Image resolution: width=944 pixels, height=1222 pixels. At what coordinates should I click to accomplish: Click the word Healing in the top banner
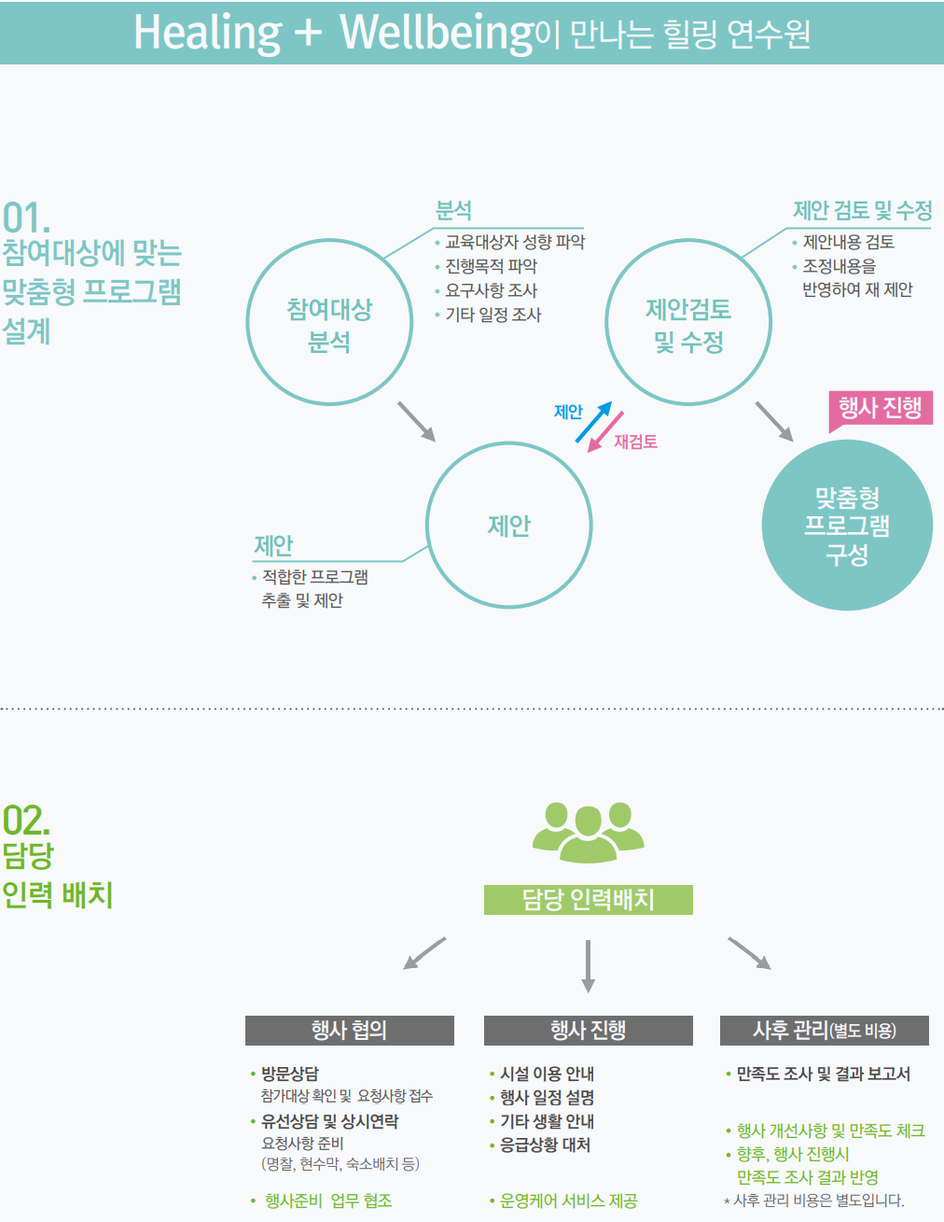[x=207, y=34]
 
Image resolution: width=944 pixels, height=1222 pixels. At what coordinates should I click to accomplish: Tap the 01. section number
[x=26, y=218]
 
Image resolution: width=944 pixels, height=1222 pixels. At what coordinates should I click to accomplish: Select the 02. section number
[x=26, y=820]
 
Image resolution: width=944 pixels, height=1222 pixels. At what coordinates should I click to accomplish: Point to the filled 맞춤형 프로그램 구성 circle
[x=847, y=525]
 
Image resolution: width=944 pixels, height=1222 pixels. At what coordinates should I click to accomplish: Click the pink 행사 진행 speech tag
[x=881, y=408]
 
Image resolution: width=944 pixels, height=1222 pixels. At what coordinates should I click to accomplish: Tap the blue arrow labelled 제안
[x=593, y=422]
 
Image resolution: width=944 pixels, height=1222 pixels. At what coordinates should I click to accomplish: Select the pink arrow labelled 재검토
[x=605, y=432]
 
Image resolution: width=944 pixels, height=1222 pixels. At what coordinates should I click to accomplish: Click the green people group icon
[x=588, y=833]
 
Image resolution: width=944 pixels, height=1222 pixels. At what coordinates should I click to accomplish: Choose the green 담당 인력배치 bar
[x=589, y=900]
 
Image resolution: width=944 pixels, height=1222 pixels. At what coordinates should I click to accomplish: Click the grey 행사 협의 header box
[x=350, y=1031]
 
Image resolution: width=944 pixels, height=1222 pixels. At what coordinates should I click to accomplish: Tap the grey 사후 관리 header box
[x=825, y=1031]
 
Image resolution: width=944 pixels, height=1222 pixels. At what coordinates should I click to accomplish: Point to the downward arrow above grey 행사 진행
[x=588, y=966]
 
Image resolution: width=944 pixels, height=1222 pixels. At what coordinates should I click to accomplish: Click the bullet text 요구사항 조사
[x=491, y=290]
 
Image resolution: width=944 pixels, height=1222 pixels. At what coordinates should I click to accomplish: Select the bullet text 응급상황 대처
[x=545, y=1145]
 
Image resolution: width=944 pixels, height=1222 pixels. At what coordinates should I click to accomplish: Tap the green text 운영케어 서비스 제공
[x=569, y=1201]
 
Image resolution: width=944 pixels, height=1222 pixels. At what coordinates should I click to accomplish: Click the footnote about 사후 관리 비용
[x=814, y=1201]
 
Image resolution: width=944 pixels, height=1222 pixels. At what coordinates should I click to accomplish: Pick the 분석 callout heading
[x=453, y=210]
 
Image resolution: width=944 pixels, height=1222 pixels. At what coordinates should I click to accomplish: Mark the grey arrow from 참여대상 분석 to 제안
[x=417, y=422]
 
